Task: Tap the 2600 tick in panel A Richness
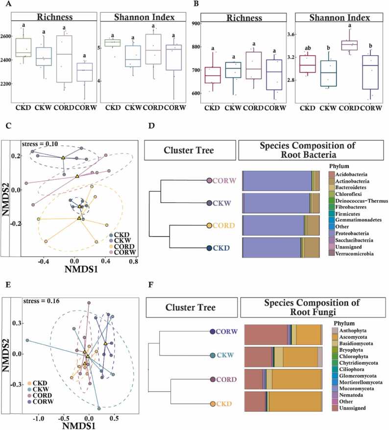[x=9, y=36]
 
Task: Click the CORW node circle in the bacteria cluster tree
[x=209, y=181]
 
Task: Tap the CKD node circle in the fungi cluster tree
[x=213, y=404]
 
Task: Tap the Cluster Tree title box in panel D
[x=190, y=149]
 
